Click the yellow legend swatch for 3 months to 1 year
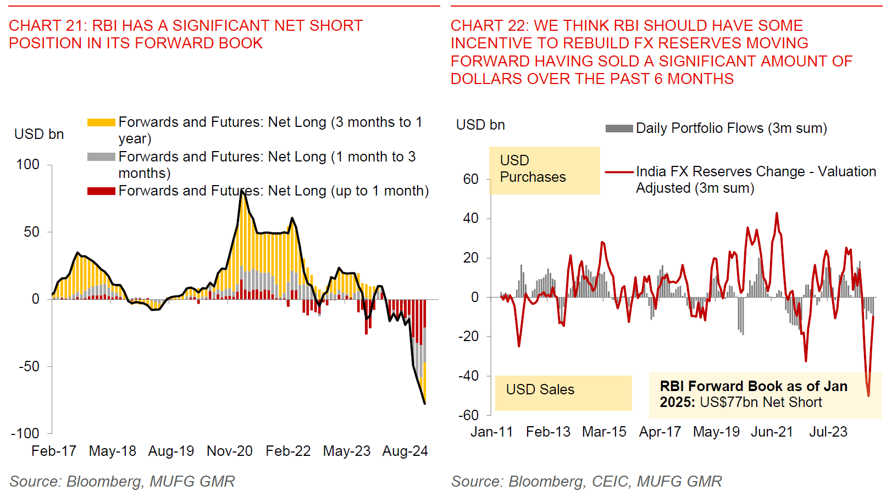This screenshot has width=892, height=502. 101,122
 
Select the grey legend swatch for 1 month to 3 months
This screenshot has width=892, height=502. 101,157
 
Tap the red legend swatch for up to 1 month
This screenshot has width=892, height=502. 101,191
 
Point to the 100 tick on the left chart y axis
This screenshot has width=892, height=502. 28,164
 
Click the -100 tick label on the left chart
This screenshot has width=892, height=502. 25,433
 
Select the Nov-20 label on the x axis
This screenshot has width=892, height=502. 229,451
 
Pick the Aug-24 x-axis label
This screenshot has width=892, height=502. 405,451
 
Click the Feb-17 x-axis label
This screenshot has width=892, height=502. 54,451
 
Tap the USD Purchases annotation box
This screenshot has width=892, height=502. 544,170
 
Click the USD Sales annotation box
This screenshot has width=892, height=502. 563,393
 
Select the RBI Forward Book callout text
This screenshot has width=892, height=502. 753,394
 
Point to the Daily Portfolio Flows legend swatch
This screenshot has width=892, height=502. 619,129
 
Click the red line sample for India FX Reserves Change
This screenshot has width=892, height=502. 619,172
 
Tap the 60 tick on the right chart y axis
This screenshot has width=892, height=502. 471,179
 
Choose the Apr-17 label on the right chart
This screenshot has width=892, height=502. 660,432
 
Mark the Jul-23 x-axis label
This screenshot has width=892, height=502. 828,432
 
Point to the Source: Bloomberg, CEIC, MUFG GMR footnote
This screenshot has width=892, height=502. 586,482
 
